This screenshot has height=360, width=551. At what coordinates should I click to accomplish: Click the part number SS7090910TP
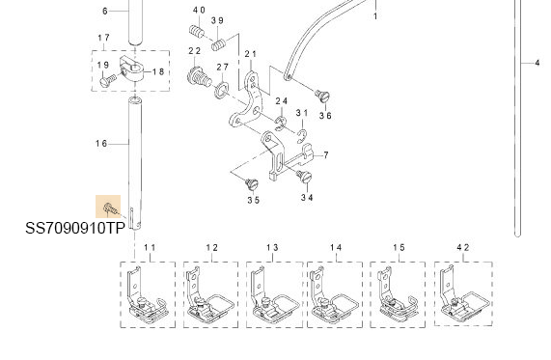pyautogui.click(x=75, y=229)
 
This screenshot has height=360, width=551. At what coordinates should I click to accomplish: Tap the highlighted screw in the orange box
pyautogui.click(x=109, y=208)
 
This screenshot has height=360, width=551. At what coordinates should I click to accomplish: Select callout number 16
pyautogui.click(x=101, y=144)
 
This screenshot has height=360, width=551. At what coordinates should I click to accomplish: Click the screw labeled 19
pyautogui.click(x=107, y=80)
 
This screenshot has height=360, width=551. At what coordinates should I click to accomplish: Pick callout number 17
pyautogui.click(x=103, y=38)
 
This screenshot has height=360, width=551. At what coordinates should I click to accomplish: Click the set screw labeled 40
pyautogui.click(x=197, y=31)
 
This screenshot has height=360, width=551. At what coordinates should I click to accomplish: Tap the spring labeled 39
pyautogui.click(x=219, y=44)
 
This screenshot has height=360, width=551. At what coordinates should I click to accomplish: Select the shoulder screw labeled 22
pyautogui.click(x=199, y=76)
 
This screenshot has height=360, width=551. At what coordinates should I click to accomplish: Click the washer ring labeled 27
pyautogui.click(x=221, y=91)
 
